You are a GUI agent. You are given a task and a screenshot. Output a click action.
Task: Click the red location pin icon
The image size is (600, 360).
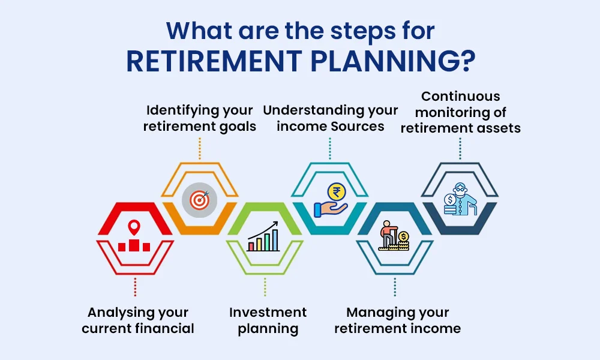click(x=134, y=228)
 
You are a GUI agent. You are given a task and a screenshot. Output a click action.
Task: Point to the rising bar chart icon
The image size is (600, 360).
click(x=264, y=236)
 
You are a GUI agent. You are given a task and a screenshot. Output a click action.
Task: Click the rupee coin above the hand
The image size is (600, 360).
click(x=337, y=193)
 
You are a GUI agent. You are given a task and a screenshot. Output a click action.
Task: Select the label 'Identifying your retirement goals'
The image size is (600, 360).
click(x=200, y=118)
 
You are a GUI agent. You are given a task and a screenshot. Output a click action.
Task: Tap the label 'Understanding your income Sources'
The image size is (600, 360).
click(x=330, y=118)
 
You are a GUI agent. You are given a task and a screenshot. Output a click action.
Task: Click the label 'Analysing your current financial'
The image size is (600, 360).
click(x=138, y=320)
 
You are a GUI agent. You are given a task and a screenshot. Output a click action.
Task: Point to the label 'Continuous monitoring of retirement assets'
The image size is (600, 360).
click(x=460, y=112)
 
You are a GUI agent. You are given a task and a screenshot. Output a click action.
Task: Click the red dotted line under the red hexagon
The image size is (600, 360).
click(x=135, y=287)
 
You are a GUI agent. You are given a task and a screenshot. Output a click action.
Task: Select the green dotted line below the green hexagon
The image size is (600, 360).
click(x=265, y=287)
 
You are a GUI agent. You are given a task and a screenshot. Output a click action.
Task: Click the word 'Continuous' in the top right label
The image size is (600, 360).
click(x=460, y=96)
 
